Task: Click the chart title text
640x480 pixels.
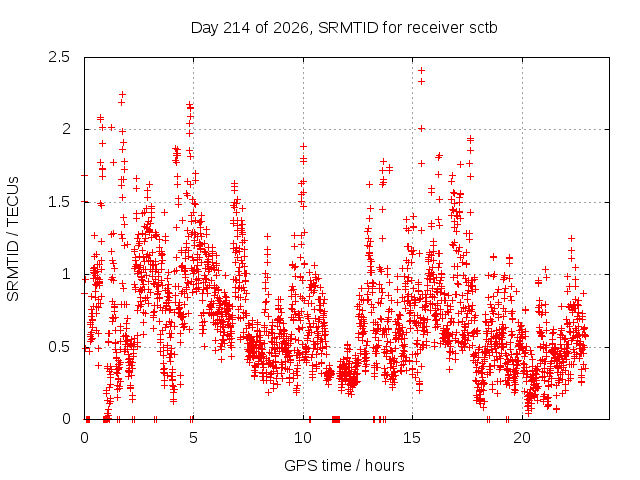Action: [x=344, y=28]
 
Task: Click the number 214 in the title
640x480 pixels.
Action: [x=237, y=28]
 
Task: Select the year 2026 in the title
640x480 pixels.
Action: [x=290, y=28]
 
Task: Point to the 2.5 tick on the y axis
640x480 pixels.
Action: [x=59, y=57]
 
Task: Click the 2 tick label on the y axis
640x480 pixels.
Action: [x=66, y=129]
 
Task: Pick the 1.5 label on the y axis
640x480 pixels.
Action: [x=59, y=202]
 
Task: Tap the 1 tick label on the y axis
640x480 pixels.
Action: [x=66, y=274]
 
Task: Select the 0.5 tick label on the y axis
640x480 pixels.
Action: [x=59, y=347]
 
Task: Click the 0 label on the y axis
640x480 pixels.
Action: [x=66, y=419]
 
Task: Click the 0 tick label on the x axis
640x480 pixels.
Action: [x=84, y=438]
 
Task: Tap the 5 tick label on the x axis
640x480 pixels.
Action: [x=193, y=438]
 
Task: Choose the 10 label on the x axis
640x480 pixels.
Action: [x=303, y=438]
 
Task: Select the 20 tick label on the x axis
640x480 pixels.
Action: [x=522, y=438]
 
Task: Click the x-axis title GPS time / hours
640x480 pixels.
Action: [x=344, y=465]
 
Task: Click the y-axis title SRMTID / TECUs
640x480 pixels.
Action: [x=13, y=239]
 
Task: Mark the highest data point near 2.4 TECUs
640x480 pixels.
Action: [x=422, y=71]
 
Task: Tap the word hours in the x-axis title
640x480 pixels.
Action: [x=384, y=465]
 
